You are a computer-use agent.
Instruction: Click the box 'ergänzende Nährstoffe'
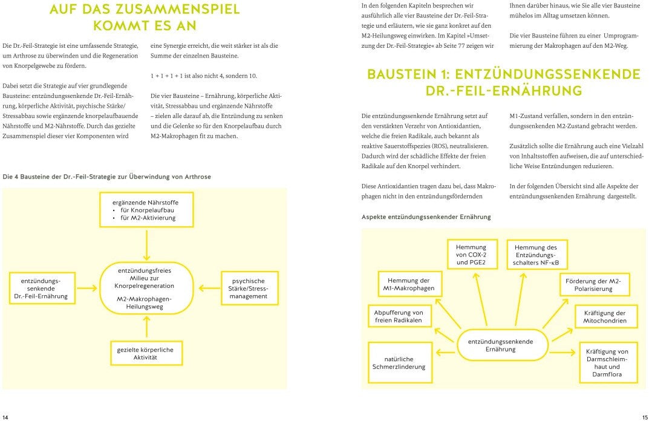pos(146,209)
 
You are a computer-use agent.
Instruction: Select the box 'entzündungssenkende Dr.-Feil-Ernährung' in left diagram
pos(41,289)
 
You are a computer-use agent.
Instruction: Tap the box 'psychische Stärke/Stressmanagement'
pos(248,289)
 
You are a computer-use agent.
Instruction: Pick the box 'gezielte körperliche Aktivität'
pos(145,353)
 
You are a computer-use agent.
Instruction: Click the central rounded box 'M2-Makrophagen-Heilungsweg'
pos(145,288)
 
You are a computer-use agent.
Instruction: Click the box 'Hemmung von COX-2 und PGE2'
pos(471,255)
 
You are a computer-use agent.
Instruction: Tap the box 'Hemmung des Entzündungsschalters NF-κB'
pos(535,255)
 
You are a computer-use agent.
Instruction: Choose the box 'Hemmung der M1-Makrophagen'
pos(408,284)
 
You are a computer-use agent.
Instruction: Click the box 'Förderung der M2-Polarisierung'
pos(593,285)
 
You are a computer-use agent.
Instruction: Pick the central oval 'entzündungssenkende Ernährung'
pos(500,345)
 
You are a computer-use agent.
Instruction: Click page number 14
pos(5,416)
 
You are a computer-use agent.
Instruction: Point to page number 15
pos(644,416)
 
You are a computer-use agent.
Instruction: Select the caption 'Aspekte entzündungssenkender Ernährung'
pos(426,217)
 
